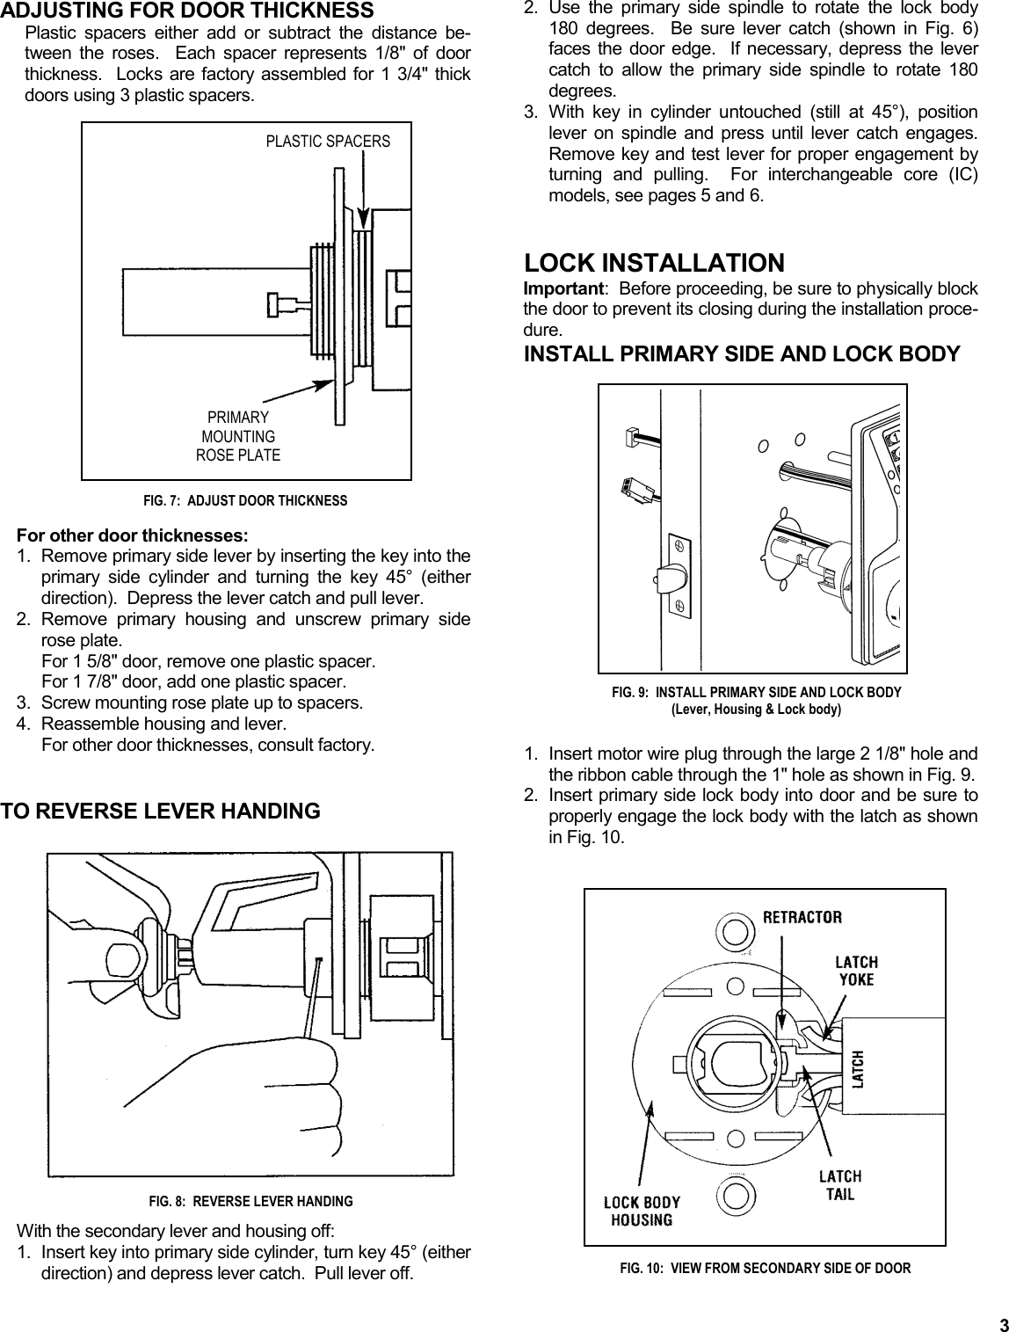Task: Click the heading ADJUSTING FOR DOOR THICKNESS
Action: [x=186, y=11]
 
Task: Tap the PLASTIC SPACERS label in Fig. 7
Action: [x=328, y=142]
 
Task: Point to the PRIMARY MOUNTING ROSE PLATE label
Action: [x=238, y=436]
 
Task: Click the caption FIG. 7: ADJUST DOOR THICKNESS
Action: [x=245, y=501]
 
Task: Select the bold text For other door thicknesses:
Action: [x=133, y=535]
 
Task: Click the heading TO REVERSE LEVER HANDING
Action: [x=160, y=811]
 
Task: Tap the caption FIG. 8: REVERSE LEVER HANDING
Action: [x=250, y=1201]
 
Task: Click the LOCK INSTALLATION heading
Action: [x=654, y=263]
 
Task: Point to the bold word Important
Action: [x=563, y=289]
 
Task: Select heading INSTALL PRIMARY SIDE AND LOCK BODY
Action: [x=741, y=354]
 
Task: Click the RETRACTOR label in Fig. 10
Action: [x=802, y=917]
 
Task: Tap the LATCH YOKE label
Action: [x=856, y=971]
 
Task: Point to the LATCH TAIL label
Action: [x=839, y=1185]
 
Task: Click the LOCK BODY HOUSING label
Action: [x=642, y=1211]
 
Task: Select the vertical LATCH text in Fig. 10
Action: [x=859, y=1068]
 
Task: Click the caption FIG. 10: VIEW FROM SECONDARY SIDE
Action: [x=765, y=1268]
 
